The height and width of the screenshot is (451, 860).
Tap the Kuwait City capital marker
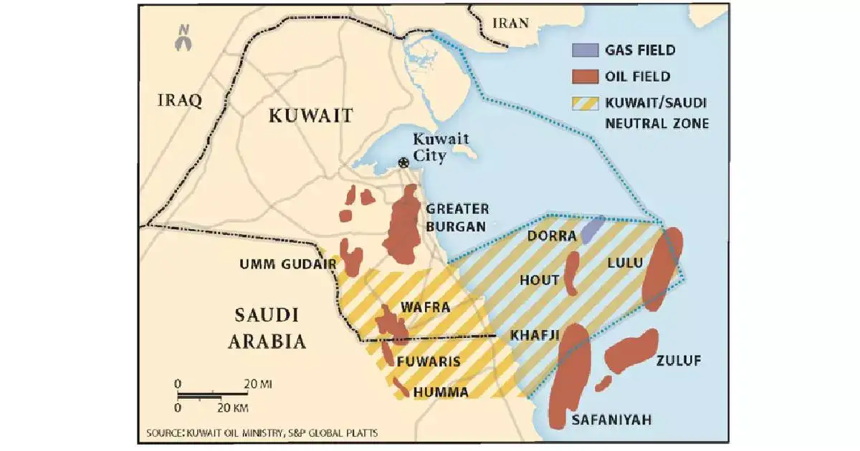click(x=404, y=163)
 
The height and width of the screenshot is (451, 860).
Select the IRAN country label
click(x=510, y=23)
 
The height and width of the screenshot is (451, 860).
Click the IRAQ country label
click(x=179, y=100)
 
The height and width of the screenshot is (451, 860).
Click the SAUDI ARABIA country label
click(x=267, y=328)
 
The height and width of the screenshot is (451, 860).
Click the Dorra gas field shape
click(x=593, y=229)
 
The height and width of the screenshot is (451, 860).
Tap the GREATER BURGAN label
click(x=457, y=218)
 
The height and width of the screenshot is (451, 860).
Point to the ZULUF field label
click(x=678, y=360)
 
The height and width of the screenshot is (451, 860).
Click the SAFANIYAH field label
click(x=611, y=420)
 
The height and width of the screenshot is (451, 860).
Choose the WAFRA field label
click(x=425, y=308)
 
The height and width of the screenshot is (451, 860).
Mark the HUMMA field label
click(x=441, y=392)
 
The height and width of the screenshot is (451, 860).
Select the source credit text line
click(x=262, y=433)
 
